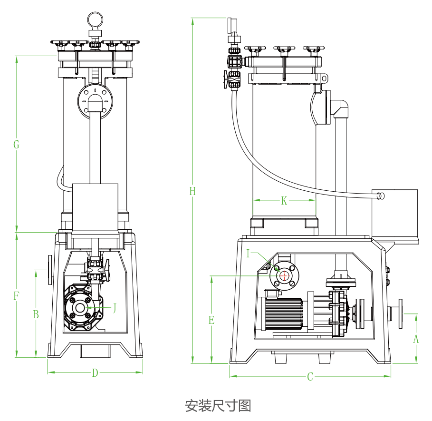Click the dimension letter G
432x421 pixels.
click(16, 145)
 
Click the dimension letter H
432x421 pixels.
click(192, 191)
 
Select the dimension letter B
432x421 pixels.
click(36, 314)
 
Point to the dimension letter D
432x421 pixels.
click(95, 373)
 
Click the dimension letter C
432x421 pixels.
click(310, 377)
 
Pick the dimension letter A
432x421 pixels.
click(416, 339)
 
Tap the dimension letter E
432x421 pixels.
click(211, 320)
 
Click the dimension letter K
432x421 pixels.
click(284, 201)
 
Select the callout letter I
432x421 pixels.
click(248, 254)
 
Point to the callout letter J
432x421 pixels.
click(114, 307)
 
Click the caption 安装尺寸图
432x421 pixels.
click(218, 406)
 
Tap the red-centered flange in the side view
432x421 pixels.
click(284, 275)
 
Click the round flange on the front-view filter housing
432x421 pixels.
click(96, 100)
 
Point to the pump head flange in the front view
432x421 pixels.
click(80, 308)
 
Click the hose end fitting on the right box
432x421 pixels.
click(380, 196)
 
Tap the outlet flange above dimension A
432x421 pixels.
click(400, 314)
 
